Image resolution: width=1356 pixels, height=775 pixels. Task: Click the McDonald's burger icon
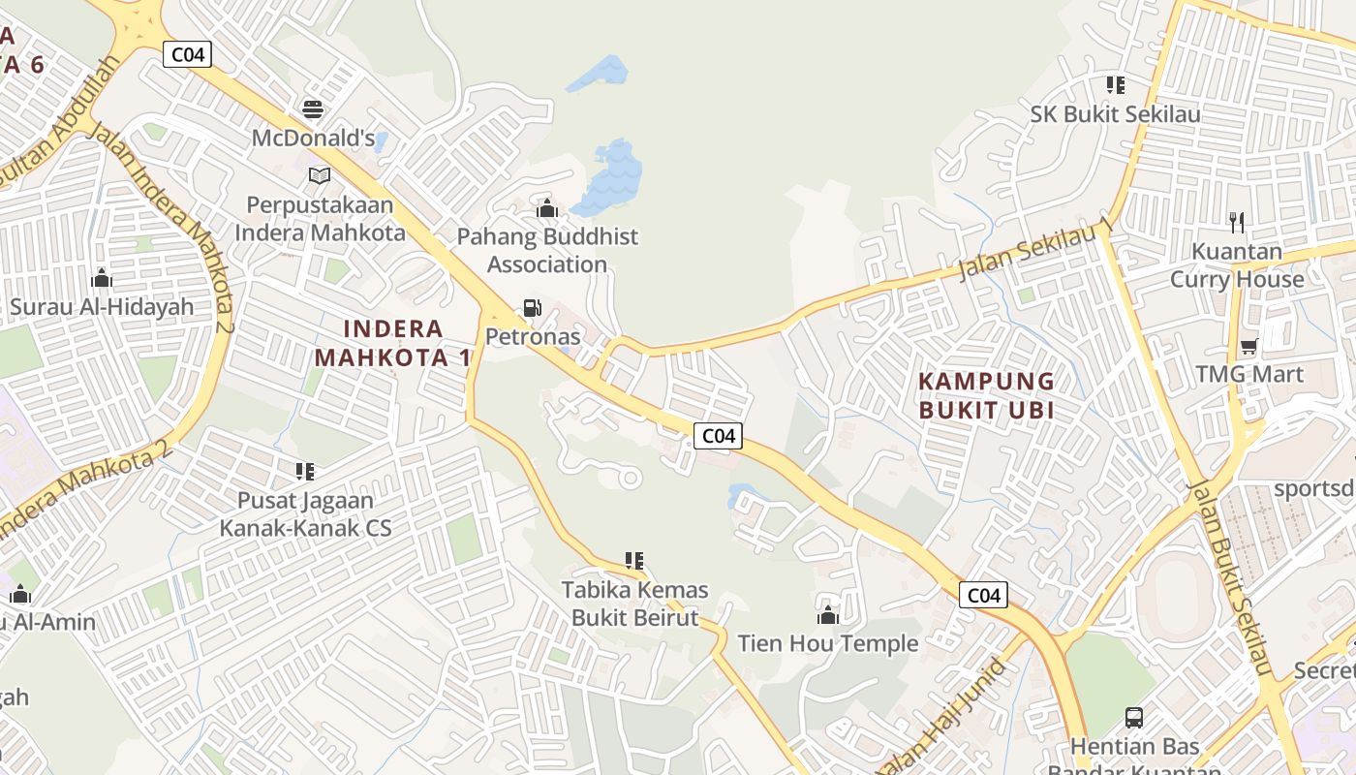312,108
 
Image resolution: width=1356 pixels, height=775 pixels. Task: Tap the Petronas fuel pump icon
532,308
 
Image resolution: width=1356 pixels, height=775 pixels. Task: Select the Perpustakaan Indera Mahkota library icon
320,175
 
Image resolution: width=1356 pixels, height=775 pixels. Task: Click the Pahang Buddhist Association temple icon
547,208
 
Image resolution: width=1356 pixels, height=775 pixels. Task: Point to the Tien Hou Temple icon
828,615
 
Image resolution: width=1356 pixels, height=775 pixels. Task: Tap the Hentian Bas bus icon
1134,718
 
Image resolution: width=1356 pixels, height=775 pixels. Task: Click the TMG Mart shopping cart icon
1249,346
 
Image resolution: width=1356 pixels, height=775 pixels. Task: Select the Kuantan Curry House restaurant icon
1236,223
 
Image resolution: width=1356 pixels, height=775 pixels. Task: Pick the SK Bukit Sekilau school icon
1116,85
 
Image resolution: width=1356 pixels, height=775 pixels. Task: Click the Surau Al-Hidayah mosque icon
102,279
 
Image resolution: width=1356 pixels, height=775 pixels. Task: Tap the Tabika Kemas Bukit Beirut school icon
634,560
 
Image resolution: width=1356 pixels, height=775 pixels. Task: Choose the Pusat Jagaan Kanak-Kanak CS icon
305,472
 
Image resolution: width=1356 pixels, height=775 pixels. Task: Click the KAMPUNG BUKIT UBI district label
986,395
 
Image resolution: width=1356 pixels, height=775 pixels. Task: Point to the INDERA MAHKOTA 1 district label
392,343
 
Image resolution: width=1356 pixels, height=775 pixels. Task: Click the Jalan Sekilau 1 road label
1034,249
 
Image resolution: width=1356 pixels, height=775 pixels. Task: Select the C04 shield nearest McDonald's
187,54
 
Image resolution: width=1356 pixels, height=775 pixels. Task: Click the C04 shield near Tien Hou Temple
983,595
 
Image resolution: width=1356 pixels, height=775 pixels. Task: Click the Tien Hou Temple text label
828,643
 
